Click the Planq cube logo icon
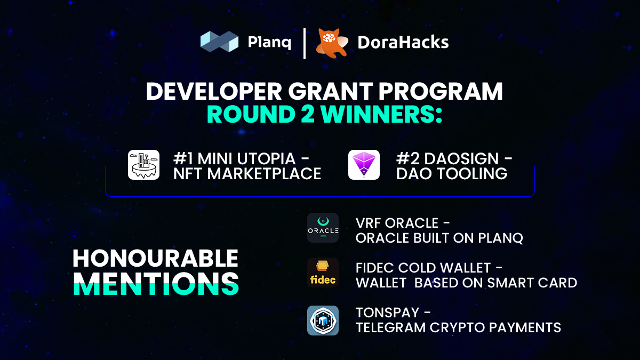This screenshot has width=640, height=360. click(219, 42)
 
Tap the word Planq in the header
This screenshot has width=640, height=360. click(270, 42)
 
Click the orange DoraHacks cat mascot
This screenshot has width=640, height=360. click(332, 43)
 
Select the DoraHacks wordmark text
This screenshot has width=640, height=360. click(403, 42)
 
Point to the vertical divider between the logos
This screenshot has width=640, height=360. click(305, 43)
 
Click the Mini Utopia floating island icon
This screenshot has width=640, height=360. click(143, 165)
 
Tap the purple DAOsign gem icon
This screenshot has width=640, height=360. click(364, 165)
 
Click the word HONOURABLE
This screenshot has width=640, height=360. click(155, 259)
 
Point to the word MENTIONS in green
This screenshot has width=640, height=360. click(156, 284)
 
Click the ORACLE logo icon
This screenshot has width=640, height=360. click(323, 228)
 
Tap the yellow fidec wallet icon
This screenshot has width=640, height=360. click(323, 273)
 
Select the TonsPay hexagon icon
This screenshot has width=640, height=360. click(323, 321)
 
